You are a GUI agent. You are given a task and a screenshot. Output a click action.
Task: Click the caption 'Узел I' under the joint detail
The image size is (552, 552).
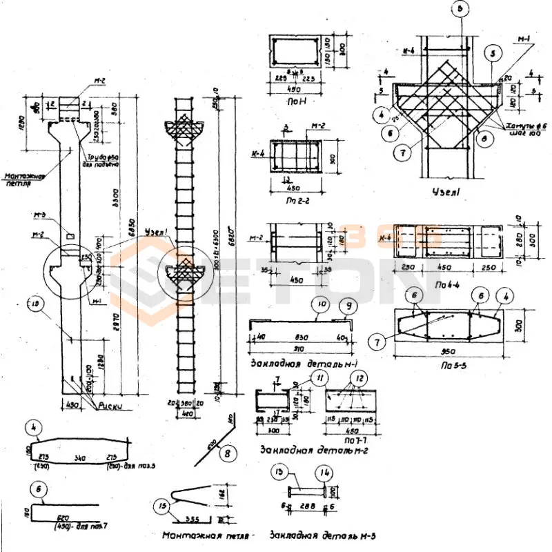tap(442, 190)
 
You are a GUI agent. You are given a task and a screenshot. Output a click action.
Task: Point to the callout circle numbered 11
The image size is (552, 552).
tap(320, 377)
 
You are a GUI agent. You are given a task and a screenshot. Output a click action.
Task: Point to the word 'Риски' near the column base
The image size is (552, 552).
tap(108, 406)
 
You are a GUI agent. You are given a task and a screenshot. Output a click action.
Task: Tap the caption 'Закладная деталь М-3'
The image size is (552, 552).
tap(324, 535)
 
